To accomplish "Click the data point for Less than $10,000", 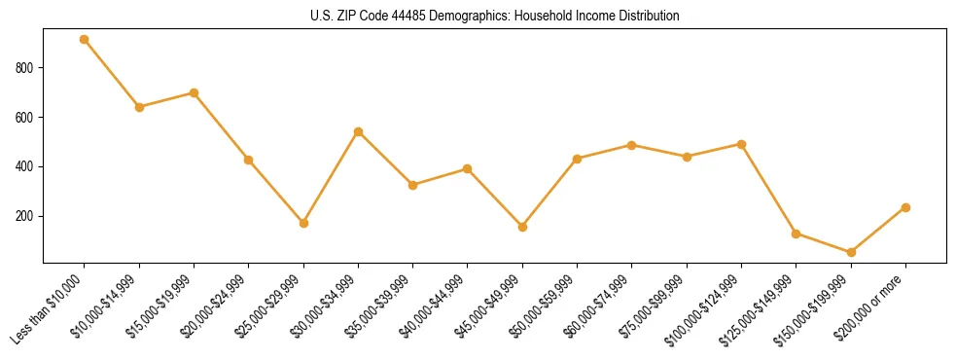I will [x=85, y=40].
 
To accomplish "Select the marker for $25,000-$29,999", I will [x=303, y=223].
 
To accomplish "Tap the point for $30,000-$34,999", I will [x=359, y=131].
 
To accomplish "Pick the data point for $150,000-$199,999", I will [x=851, y=252].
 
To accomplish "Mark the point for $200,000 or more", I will [x=905, y=207].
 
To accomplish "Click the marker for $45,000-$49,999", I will [x=523, y=227].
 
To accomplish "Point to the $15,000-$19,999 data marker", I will [x=194, y=92].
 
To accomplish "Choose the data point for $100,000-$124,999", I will [x=742, y=144].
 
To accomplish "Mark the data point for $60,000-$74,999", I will [x=632, y=145].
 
